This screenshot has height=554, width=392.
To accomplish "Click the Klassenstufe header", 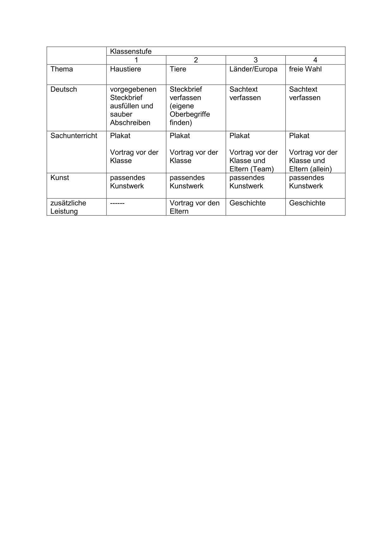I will (131, 51).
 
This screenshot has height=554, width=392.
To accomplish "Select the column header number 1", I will (136, 60).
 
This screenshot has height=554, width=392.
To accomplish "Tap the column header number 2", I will (196, 60).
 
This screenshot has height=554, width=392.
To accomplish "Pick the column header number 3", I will (255, 60).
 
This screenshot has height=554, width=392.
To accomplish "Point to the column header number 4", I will (315, 60).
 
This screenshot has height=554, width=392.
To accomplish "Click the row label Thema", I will (61, 69).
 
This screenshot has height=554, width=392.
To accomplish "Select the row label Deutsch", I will (64, 89).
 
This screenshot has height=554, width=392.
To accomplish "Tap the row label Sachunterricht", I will (74, 136).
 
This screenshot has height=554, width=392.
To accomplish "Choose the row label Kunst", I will (59, 178).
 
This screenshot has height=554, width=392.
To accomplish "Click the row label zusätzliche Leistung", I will (68, 207).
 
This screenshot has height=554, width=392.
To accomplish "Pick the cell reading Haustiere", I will (126, 69).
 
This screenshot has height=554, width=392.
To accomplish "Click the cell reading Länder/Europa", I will (253, 69).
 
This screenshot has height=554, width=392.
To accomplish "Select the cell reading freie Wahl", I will (305, 69).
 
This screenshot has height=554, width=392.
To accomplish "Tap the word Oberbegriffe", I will (190, 114).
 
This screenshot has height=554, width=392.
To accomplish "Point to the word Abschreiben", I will (130, 123).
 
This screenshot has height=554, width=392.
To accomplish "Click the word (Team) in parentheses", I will (262, 169).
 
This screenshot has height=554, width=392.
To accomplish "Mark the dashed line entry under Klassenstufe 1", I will (117, 203).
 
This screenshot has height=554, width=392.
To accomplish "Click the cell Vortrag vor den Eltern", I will (194, 207).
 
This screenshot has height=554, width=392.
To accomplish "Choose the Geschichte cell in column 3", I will (248, 203).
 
